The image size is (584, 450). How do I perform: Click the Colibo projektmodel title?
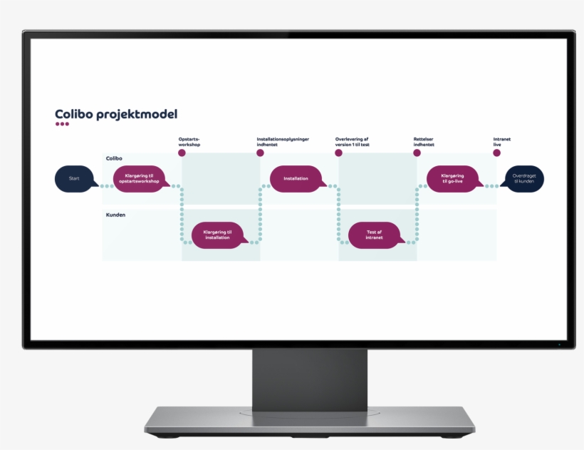click(116, 114)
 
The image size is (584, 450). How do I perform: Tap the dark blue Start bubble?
click(74, 178)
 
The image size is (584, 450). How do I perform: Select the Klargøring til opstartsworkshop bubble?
click(140, 178)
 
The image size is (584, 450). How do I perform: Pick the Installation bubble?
click(296, 178)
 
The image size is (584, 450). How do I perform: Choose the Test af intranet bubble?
click(374, 235)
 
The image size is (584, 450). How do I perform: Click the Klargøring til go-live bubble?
click(452, 178)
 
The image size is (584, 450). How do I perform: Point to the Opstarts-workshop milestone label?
click(189, 141)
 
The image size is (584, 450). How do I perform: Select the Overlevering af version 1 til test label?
click(353, 141)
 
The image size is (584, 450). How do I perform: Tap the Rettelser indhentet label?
click(424, 141)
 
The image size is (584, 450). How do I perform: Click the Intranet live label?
click(502, 141)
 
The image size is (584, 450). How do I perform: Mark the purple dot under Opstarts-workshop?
click(182, 153)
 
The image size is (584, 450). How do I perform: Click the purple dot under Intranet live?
click(496, 153)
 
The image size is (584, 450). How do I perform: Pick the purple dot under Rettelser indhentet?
click(417, 153)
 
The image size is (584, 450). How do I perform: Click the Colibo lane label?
click(114, 158)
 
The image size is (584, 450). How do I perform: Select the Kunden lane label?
click(116, 214)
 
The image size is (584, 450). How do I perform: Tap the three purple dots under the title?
click(62, 124)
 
